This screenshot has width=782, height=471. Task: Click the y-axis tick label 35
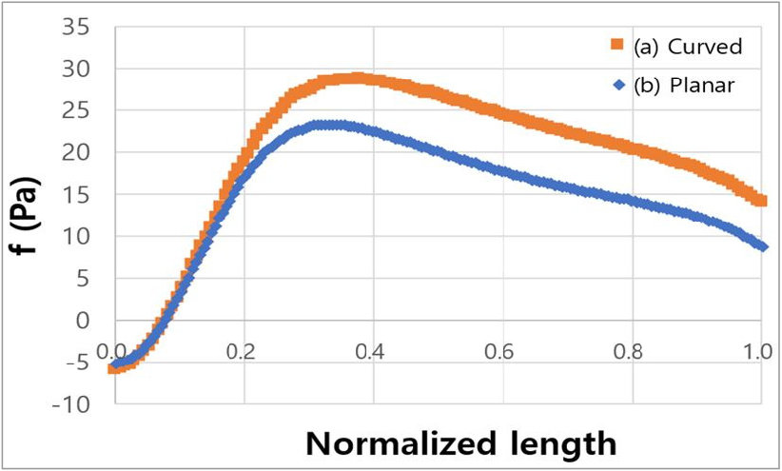coord(76,27)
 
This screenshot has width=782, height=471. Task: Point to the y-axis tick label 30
coord(76,69)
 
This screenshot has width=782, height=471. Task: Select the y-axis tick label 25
coord(76,110)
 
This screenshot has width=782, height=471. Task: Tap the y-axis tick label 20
coord(76,152)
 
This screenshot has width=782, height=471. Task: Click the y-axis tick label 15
coord(76,194)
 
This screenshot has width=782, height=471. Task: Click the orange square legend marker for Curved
coord(617,45)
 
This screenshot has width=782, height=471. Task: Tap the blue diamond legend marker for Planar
coord(617,84)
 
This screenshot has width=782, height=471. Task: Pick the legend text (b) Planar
coord(678,85)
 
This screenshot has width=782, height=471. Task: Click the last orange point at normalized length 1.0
coord(761,201)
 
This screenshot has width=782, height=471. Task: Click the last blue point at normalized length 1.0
coord(761,245)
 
